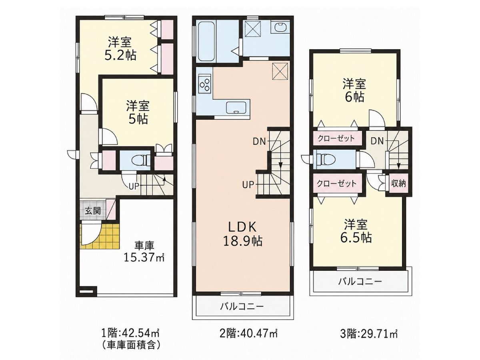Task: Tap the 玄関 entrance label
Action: (93, 211)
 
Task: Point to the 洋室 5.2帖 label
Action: (120, 49)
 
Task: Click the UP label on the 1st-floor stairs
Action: (134, 186)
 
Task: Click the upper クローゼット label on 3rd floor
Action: (336, 138)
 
